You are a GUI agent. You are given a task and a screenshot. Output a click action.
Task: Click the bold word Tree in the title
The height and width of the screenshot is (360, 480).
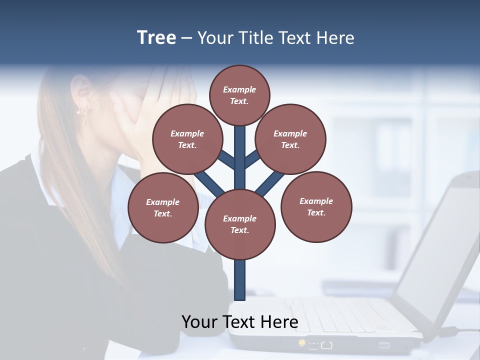156,38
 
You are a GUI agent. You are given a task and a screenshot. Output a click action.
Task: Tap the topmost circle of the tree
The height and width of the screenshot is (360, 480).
239,95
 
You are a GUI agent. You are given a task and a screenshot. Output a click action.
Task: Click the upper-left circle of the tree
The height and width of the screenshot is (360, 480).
187,139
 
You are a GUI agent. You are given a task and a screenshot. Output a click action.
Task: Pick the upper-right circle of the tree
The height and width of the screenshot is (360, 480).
290,139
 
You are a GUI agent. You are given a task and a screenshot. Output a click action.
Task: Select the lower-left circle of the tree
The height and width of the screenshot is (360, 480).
163,207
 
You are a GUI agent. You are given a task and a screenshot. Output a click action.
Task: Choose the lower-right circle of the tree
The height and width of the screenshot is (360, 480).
316,206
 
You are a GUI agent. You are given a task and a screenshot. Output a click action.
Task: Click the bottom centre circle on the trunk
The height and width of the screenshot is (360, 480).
240,224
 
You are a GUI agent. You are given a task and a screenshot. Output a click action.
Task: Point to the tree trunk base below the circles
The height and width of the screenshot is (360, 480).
240,280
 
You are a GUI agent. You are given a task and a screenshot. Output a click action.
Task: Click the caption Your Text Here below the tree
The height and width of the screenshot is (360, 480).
240,321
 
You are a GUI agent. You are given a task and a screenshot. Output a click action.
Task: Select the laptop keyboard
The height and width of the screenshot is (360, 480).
340,315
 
